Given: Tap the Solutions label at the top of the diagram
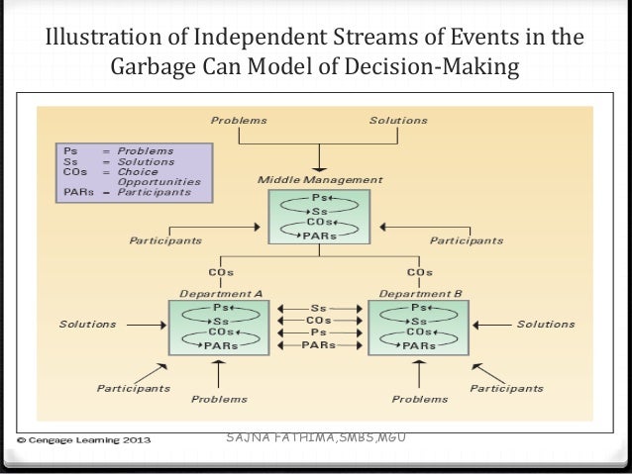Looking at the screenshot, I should (398, 121).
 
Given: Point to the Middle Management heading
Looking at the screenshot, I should (319, 180).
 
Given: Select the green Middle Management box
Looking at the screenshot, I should (319, 217).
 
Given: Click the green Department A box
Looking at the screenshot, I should (220, 327).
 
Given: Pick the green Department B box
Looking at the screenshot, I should (417, 327).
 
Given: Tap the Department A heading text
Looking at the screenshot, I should (221, 294).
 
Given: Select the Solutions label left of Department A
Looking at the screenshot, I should (87, 325).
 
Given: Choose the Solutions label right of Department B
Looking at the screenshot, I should (546, 325).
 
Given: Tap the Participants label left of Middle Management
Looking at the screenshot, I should (165, 240).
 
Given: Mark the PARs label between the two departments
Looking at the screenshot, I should (319, 346).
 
